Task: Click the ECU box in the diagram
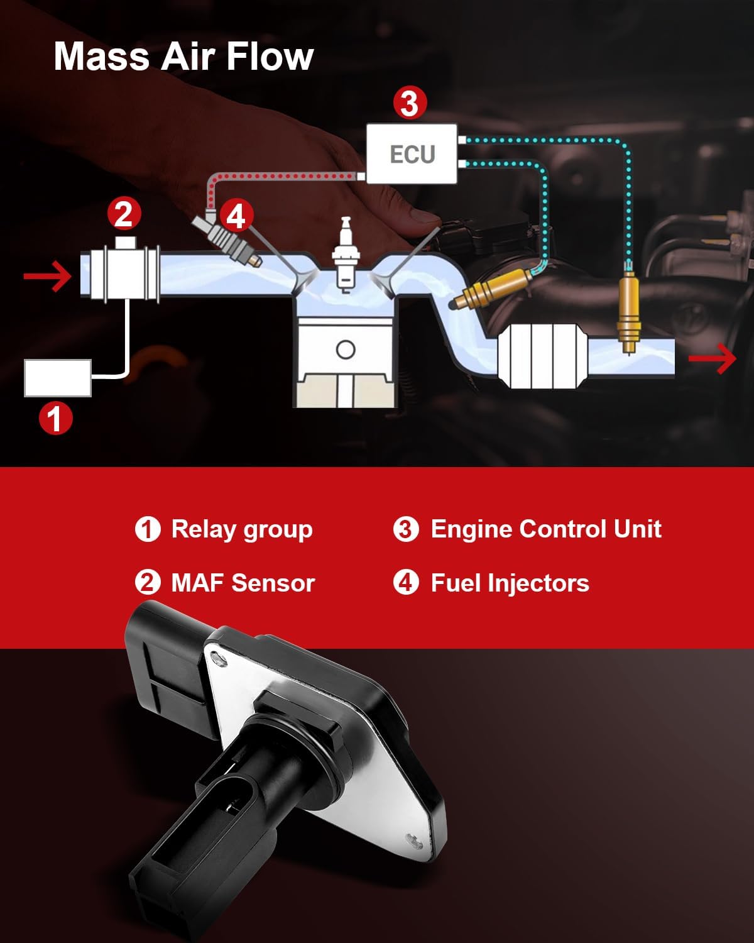tap(412, 154)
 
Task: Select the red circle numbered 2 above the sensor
tap(124, 214)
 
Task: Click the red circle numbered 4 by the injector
tap(235, 216)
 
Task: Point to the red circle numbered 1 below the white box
tap(56, 418)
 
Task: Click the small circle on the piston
tap(346, 350)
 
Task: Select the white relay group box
tap(57, 378)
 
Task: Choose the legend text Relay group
tap(242, 529)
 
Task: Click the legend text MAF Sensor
tap(243, 583)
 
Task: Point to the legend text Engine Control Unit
tap(545, 529)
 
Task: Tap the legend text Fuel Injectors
tap(510, 583)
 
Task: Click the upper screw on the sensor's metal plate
tap(218, 659)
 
